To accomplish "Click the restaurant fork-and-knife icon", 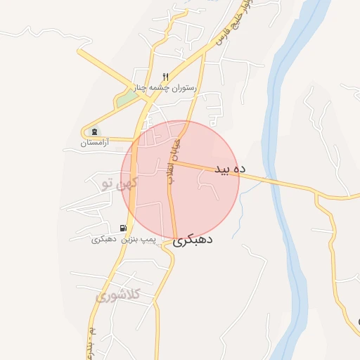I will (x=166, y=77).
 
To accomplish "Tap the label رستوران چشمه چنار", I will (x=166, y=88).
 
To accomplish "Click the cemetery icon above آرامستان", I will (x=95, y=131).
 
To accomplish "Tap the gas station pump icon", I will (x=124, y=228).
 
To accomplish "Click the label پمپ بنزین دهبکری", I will (x=123, y=240).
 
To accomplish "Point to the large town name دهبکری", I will (x=193, y=240).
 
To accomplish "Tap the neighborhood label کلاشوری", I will (x=118, y=295).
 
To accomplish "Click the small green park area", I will (x=125, y=99).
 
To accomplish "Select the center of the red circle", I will (x=180, y=179).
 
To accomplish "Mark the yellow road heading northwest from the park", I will (x=105, y=67).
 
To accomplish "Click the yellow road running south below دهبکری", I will (x=158, y=295).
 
